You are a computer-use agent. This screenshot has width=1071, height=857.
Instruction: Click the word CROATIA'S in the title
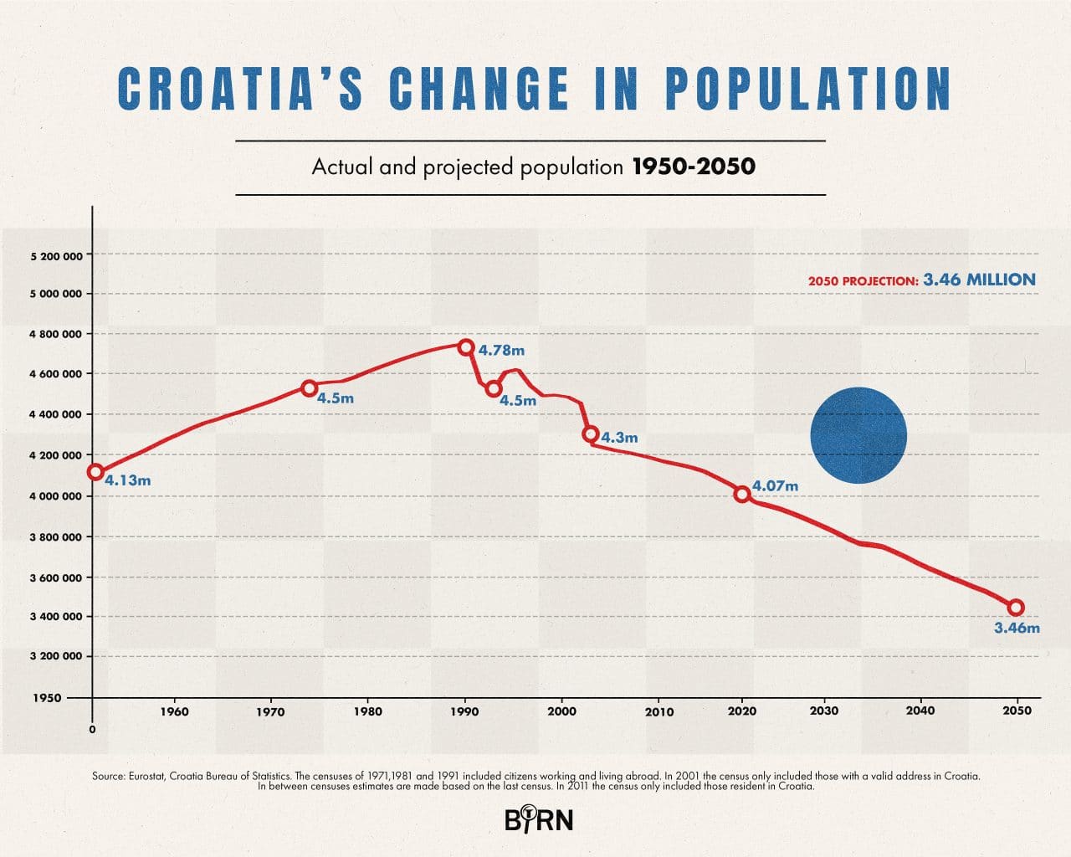click(x=241, y=88)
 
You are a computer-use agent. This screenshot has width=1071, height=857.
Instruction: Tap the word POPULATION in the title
click(x=808, y=88)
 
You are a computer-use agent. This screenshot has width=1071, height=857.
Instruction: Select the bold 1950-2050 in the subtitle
click(x=694, y=167)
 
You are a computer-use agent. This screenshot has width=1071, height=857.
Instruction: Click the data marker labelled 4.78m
click(x=466, y=347)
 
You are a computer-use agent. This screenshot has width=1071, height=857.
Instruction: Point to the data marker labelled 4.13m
click(x=95, y=472)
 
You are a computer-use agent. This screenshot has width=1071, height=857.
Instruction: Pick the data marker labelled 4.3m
click(x=590, y=434)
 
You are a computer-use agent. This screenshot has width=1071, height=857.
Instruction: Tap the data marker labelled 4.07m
click(x=741, y=494)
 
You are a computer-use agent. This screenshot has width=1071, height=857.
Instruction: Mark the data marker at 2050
click(x=1016, y=608)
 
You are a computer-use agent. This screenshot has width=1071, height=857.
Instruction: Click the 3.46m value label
click(x=1017, y=628)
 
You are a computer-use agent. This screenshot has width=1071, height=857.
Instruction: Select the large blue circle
click(x=858, y=435)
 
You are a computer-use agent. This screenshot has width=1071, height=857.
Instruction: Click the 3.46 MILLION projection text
click(x=979, y=280)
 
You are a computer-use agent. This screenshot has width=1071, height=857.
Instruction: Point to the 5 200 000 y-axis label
click(x=56, y=255)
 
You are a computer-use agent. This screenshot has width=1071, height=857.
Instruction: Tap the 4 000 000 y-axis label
click(x=56, y=496)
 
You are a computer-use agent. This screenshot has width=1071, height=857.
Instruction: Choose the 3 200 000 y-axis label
click(x=56, y=656)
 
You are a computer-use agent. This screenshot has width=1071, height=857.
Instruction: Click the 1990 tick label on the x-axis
click(x=464, y=711)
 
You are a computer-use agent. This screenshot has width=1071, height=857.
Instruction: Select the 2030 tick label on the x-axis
click(x=824, y=711)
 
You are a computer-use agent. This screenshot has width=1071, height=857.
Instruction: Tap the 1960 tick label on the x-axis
click(x=174, y=711)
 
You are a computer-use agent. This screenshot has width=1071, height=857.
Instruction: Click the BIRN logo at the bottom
click(x=539, y=819)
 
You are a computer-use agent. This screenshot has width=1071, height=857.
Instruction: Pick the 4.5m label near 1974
click(x=336, y=398)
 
